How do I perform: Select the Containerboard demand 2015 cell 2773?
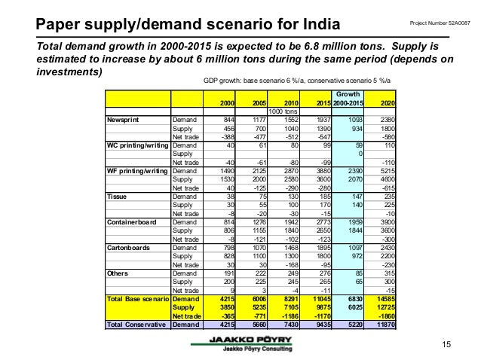pyautogui.click(x=320, y=221)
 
